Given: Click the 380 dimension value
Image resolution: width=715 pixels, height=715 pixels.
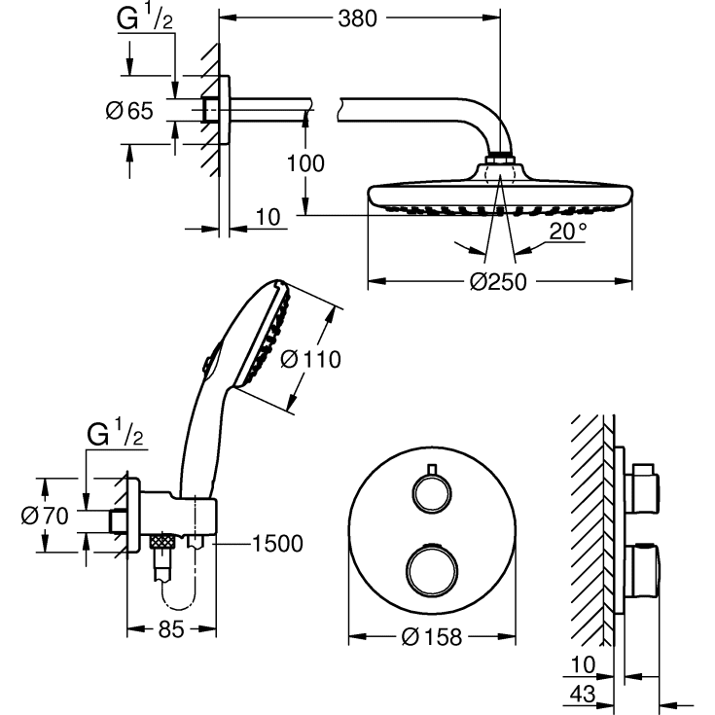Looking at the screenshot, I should [358, 18].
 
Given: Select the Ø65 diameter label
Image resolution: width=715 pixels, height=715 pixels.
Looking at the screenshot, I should [129, 111].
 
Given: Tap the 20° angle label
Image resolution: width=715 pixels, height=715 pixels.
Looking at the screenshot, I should [567, 232].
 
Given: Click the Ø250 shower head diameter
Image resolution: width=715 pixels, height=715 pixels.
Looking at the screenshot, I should [498, 282].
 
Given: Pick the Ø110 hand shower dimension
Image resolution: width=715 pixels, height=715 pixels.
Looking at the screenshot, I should [310, 360].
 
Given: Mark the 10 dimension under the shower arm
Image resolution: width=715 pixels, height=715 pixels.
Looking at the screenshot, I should [269, 217].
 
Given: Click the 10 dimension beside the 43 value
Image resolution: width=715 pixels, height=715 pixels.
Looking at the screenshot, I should [582, 664].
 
